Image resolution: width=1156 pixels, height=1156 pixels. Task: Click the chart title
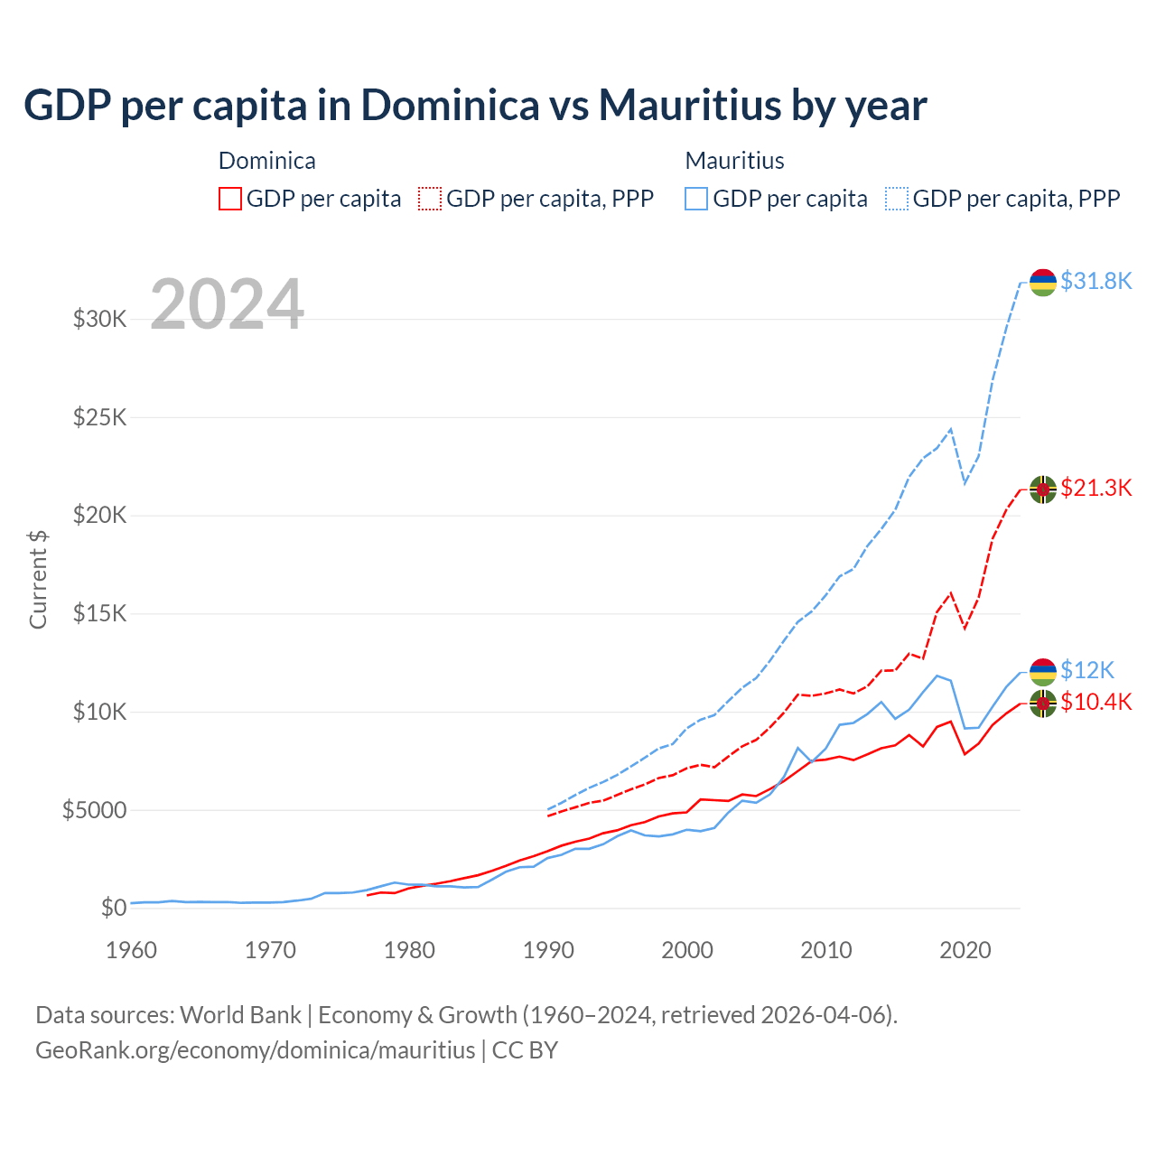[475, 106]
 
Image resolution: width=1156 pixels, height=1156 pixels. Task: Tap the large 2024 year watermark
[227, 304]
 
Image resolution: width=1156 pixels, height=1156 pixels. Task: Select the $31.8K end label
[1095, 282]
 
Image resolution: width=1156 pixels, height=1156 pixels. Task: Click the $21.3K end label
[1095, 489]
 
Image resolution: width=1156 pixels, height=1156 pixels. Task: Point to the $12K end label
[1086, 670]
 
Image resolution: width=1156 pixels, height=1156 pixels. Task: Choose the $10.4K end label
[1095, 703]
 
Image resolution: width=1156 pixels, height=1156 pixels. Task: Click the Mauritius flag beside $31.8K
[1043, 282]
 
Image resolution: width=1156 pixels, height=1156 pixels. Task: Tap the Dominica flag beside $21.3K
[1043, 489]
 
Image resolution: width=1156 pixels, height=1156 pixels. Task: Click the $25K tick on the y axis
[99, 418]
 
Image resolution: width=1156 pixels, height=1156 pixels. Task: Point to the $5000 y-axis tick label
[94, 810]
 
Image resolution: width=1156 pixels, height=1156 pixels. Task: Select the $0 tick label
[113, 908]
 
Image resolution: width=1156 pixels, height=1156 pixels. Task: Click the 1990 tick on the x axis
[548, 950]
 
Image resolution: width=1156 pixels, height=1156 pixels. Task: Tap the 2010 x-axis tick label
[826, 950]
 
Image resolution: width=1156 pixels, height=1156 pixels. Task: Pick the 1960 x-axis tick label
[132, 950]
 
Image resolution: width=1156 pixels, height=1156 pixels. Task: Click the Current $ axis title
[38, 579]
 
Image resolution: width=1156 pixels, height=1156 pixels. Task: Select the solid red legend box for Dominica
[230, 199]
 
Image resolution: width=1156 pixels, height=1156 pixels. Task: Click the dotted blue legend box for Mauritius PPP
[897, 199]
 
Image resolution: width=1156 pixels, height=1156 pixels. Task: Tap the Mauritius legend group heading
[734, 161]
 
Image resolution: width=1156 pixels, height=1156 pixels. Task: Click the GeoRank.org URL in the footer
[255, 1050]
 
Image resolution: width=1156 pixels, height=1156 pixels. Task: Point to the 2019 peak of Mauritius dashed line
[951, 429]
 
